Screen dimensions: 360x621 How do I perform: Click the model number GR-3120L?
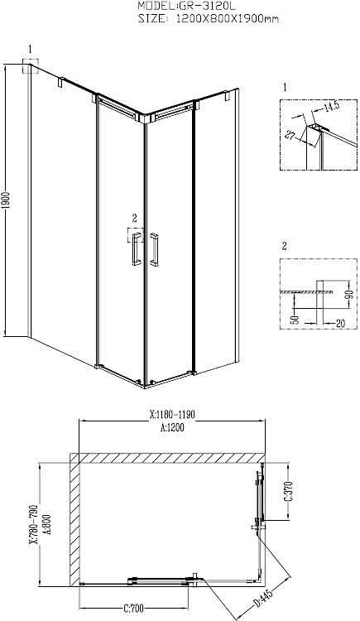202,6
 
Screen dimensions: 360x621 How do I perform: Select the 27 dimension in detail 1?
290,136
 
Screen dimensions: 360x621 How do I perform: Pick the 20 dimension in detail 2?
339,324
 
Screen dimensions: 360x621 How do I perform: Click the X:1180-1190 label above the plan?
172,415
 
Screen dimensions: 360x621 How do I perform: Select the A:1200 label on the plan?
173,427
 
